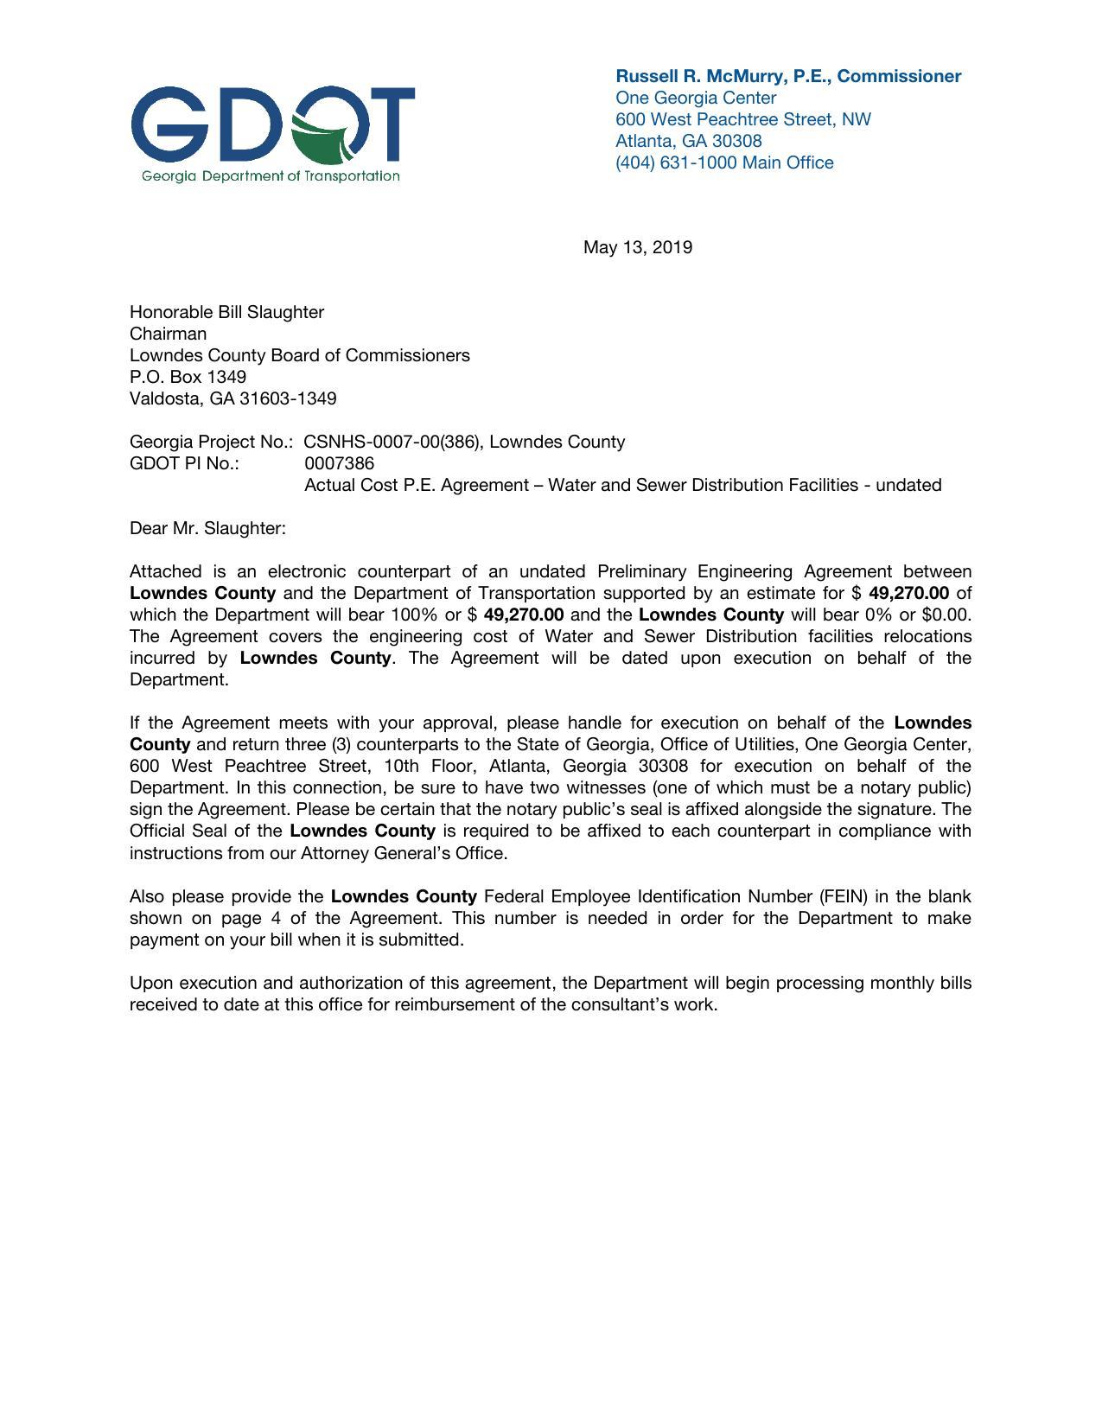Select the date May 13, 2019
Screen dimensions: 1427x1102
637,248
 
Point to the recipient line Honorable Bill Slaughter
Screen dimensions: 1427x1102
226,312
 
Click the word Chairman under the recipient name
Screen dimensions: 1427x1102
168,334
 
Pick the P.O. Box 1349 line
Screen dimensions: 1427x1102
188,377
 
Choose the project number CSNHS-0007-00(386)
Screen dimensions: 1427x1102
395,442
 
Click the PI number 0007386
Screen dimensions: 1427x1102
339,463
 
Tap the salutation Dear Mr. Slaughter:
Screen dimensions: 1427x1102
207,528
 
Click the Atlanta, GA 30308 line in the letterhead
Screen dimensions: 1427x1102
688,141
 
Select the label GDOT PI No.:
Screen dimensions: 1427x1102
184,463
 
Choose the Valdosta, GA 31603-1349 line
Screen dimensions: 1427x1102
233,398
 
